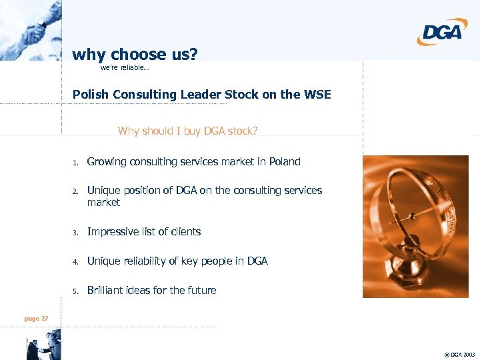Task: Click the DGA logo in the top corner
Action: [x=443, y=31]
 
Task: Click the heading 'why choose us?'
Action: [x=135, y=54]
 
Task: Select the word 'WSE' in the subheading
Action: [x=315, y=95]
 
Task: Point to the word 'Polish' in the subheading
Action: [x=91, y=95]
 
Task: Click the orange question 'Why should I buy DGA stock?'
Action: [x=187, y=131]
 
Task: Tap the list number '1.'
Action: [x=76, y=162]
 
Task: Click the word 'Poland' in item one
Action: [x=285, y=161]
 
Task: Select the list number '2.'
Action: [x=76, y=191]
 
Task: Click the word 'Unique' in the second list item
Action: [x=103, y=190]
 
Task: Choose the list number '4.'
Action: [x=76, y=261]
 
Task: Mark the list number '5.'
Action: [x=76, y=291]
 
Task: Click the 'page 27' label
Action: [x=36, y=319]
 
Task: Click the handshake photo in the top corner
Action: [x=30, y=30]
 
